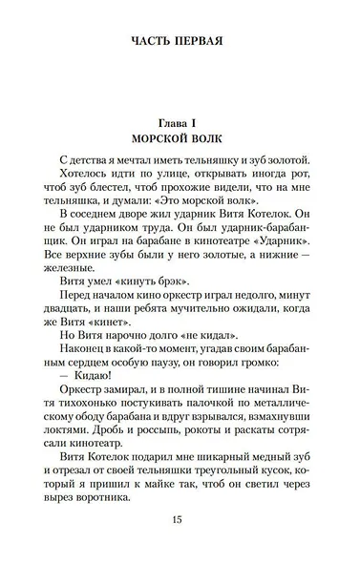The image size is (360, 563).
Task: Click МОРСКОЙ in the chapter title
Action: coord(152,137)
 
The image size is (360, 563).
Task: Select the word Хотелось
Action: coord(85,177)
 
